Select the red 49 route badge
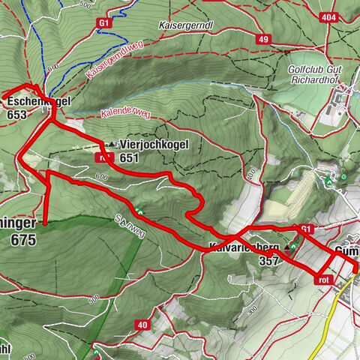click(x=262, y=38)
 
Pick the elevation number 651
click(x=129, y=157)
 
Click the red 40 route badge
click(x=142, y=324)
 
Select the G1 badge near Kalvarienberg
click(x=305, y=229)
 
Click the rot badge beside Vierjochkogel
click(x=104, y=157)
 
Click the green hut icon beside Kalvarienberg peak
click(x=295, y=245)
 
